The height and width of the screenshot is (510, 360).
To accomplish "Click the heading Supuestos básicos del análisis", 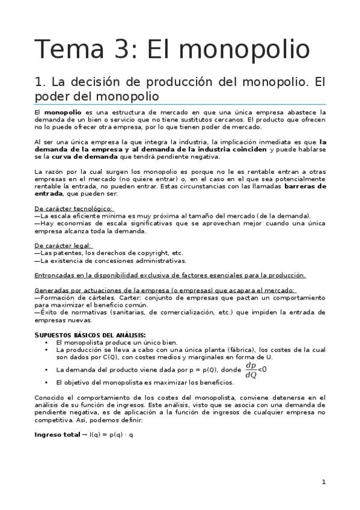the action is [90, 334].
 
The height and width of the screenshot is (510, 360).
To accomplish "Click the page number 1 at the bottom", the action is [323, 482].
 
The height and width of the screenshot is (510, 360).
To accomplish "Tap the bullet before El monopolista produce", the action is [46, 342].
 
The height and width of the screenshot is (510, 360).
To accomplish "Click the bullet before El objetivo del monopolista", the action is [46, 382].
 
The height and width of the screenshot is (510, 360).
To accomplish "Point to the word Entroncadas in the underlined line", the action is [55, 275].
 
